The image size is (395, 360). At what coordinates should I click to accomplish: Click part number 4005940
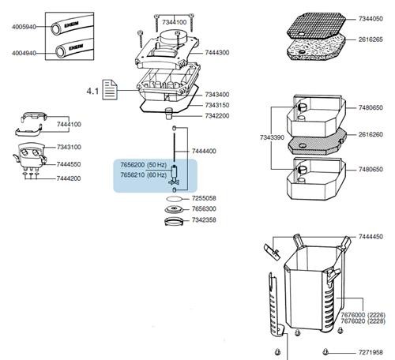coord(24,27)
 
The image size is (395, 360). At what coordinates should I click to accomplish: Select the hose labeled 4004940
coord(74,48)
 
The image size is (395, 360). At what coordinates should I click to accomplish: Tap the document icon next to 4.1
coord(110,90)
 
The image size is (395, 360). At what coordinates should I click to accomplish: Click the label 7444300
coord(217,53)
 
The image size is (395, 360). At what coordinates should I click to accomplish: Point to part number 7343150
coord(217,105)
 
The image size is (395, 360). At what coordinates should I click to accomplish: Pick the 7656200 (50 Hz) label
coord(144,165)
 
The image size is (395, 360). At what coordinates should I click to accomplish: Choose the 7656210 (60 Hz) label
coord(144,175)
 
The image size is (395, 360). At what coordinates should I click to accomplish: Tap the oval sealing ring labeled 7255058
coord(174,198)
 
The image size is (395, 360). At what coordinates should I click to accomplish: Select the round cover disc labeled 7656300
coord(174,209)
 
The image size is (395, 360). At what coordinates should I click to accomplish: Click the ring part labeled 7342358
coord(174,221)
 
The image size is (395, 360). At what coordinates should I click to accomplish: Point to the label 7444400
coord(204,152)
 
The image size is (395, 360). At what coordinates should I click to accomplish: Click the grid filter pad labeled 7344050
coord(316,26)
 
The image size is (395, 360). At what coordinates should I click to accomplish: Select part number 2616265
coord(371,39)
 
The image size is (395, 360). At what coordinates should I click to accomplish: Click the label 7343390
coord(272,137)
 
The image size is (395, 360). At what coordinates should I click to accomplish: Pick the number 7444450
coord(371,237)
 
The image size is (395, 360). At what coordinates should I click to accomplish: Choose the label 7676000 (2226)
coord(363,315)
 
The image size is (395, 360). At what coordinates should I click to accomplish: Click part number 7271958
coord(371,353)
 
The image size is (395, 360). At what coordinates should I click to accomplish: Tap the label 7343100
coord(69,147)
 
